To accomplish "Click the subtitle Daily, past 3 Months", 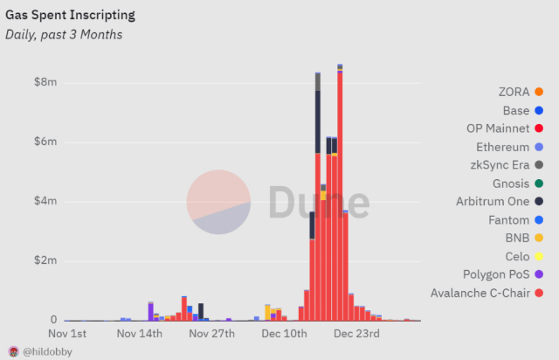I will click(x=64, y=34).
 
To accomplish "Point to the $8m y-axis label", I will click(x=45, y=82).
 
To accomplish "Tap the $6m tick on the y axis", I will click(x=45, y=142).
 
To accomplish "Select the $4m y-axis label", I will click(x=45, y=202).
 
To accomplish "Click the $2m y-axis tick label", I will click(x=45, y=261).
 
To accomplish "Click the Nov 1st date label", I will click(x=67, y=333).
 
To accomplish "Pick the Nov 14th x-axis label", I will click(x=139, y=333).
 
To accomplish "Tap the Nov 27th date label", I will click(x=211, y=333).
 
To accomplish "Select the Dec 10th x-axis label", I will click(x=285, y=333).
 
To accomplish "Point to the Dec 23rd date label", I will click(x=357, y=333).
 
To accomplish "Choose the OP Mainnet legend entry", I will click(x=497, y=128).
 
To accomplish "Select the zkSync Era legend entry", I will click(x=499, y=165).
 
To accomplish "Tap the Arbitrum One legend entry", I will click(x=493, y=202).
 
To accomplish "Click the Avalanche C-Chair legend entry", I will click(x=480, y=293).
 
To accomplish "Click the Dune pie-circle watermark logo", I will click(x=218, y=202).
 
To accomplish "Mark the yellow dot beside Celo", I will click(x=539, y=256).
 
